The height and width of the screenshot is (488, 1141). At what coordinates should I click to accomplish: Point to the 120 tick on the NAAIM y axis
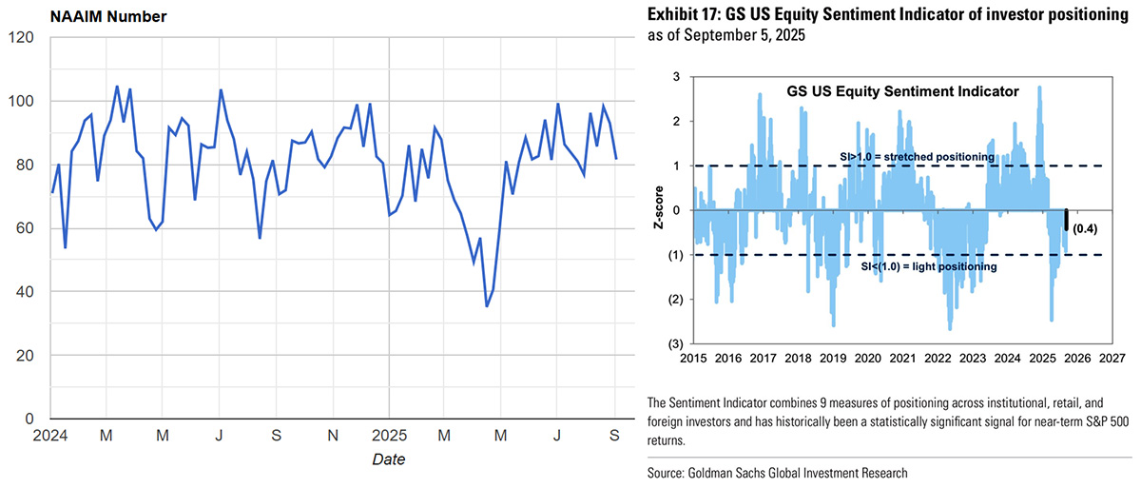pos(21,38)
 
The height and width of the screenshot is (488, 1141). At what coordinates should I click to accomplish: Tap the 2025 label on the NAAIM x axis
pos(389,437)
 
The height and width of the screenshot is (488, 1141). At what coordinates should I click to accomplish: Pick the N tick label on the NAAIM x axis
pos(333,437)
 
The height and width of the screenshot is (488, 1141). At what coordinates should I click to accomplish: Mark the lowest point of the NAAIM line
pos(487,306)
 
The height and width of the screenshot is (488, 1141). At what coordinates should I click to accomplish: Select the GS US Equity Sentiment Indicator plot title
pos(902,92)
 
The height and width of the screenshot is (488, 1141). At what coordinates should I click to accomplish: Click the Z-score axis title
pos(658,210)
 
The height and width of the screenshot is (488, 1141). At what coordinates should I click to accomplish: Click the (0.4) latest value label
pos(1085,228)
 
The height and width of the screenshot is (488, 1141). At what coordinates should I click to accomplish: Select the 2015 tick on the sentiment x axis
pos(693,359)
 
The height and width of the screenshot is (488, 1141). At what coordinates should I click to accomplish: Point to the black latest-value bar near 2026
pos(1067,220)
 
